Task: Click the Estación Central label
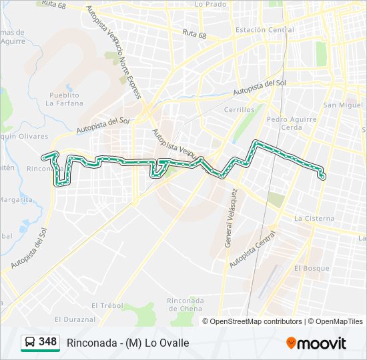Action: coord(264,30)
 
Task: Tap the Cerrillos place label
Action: coord(239,110)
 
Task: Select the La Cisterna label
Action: coord(314,218)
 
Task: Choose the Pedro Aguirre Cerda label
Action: coord(284,123)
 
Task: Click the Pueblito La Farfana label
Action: coord(65,99)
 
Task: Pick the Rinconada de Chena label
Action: coord(186,304)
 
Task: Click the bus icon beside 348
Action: coord(29,343)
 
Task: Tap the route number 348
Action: coord(48,342)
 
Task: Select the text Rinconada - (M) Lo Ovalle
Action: coord(128,343)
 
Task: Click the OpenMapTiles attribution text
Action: coord(336,321)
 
